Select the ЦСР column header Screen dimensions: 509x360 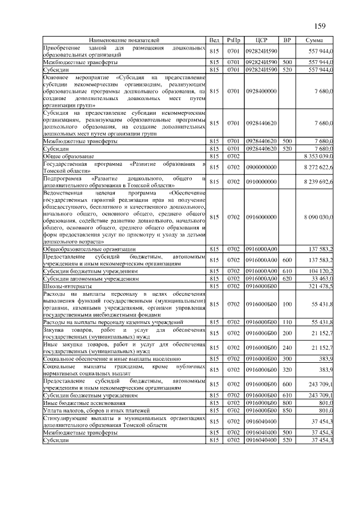pyautogui.click(x=260, y=41)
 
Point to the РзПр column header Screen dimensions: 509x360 pyautogui.click(x=233, y=41)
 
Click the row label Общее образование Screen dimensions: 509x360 pyautogui.click(x=66, y=155)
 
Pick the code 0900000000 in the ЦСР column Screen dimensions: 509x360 pyautogui.click(x=260, y=167)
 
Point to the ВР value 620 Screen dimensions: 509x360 pyautogui.click(x=287, y=278)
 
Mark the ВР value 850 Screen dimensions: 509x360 pyautogui.click(x=287, y=411)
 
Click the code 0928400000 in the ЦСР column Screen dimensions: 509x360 pyautogui.click(x=260, y=91)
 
